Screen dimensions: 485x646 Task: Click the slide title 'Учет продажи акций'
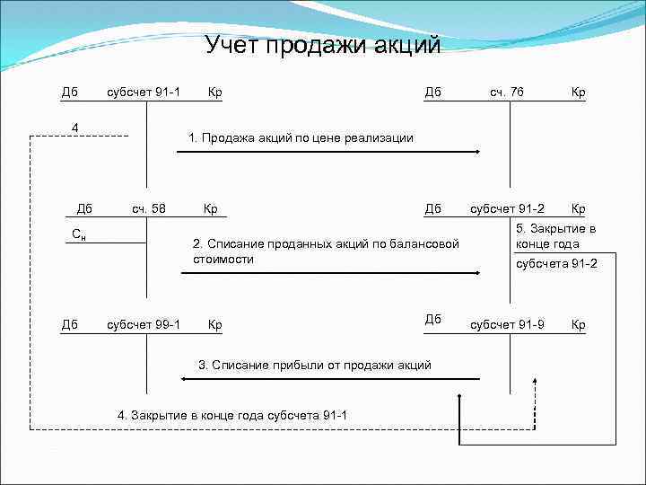(x=323, y=45)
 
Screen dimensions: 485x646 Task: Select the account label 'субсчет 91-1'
(x=144, y=92)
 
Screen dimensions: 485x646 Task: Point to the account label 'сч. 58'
(x=149, y=209)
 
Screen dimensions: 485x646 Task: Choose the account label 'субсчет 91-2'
(x=507, y=209)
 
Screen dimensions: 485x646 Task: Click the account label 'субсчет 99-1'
(x=144, y=324)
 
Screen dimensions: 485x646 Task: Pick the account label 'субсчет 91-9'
(x=507, y=324)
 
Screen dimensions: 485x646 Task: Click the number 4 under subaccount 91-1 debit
(x=75, y=127)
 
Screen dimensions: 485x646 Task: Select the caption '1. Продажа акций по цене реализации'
(x=301, y=137)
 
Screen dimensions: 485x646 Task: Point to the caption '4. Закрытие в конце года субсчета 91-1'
(x=231, y=415)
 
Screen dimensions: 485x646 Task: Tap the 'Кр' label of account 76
(x=578, y=92)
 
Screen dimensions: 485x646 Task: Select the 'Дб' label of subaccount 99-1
(x=68, y=324)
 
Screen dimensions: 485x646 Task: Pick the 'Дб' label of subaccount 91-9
(x=433, y=319)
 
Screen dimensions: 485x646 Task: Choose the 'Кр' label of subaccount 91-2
(x=578, y=209)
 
